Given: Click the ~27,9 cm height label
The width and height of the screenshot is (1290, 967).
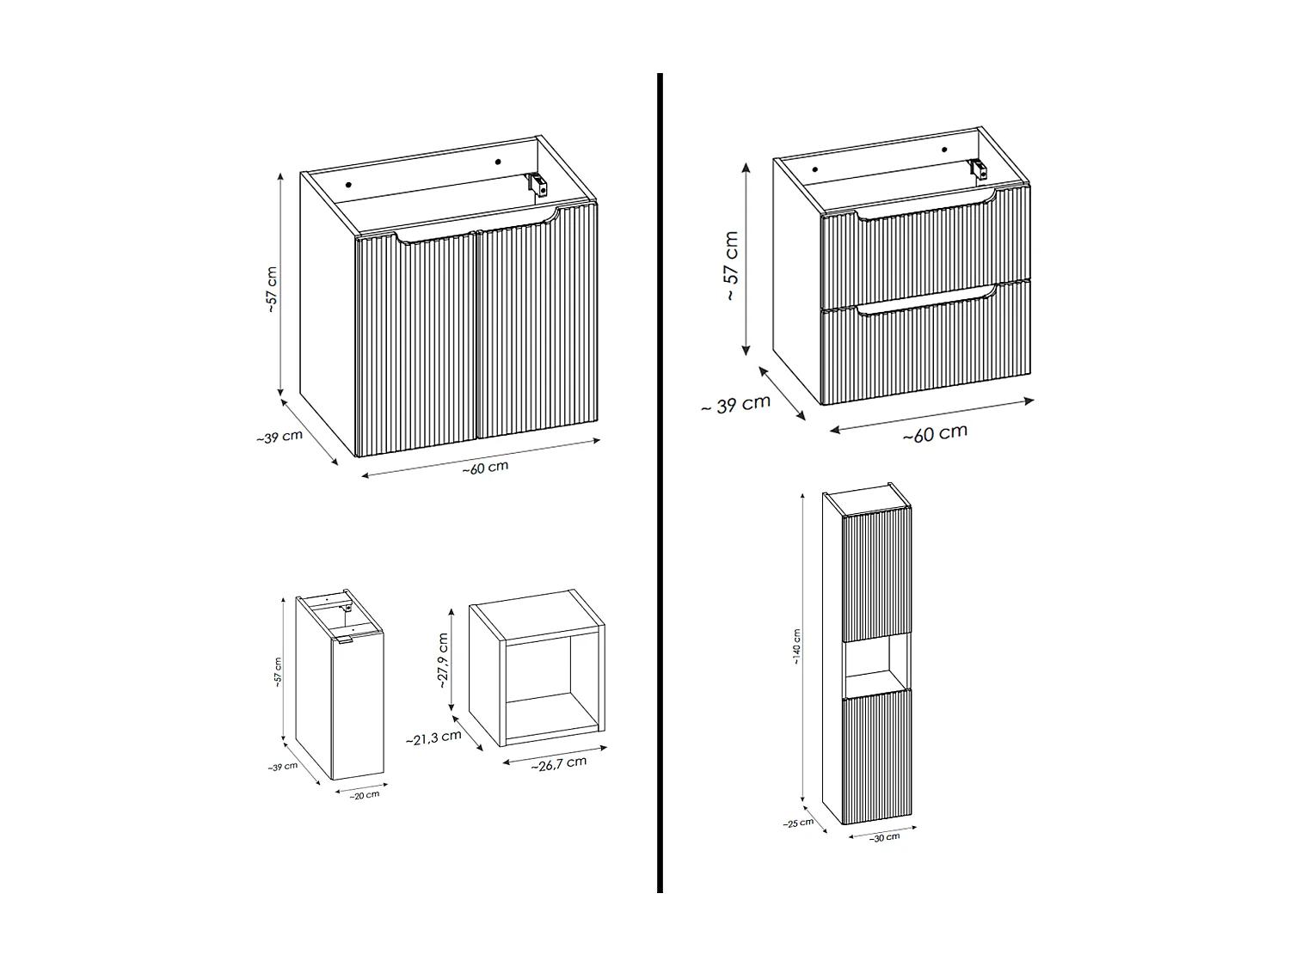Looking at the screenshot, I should pos(443,661).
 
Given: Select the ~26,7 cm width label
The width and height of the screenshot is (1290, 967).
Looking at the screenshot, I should pos(558,763).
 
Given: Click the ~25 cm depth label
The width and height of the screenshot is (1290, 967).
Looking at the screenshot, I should pos(798,823).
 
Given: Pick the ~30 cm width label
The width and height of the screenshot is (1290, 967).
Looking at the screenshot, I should pos(884,837).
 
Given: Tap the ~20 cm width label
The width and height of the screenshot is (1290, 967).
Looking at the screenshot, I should pos(364,795).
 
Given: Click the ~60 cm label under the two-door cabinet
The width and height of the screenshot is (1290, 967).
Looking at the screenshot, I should pos(485,468).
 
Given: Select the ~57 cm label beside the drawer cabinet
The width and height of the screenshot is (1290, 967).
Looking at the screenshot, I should pos(731,266).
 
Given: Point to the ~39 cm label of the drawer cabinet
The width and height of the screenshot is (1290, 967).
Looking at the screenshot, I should pos(735,404).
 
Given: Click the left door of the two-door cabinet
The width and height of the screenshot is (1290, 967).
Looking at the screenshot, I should pos(416,344).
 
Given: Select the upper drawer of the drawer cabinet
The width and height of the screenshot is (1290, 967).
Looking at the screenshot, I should pos(925,249).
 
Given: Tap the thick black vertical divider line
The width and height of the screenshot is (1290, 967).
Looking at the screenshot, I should pos(660,481).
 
